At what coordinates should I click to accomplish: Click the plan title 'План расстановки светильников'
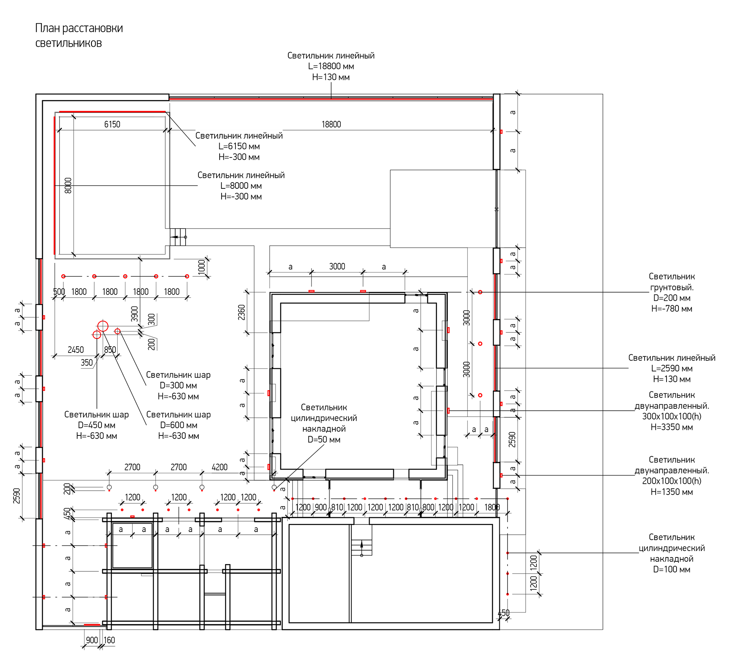(x=79, y=36)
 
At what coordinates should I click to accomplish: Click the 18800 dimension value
(x=331, y=124)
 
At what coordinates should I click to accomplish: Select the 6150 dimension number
(x=112, y=124)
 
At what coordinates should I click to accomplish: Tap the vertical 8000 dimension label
(x=68, y=186)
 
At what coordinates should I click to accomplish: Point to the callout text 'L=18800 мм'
(x=331, y=66)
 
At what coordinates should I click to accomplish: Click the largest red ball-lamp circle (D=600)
(x=103, y=326)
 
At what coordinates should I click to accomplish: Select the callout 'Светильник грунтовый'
(x=672, y=282)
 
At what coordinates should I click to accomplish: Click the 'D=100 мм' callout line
(x=672, y=569)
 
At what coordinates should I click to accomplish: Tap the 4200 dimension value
(x=220, y=467)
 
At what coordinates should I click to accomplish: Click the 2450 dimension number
(x=76, y=350)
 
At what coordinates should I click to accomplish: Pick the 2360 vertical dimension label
(x=242, y=312)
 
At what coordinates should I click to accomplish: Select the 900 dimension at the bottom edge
(x=92, y=640)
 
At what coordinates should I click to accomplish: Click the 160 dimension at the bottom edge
(x=109, y=640)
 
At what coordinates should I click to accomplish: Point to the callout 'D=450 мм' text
(x=96, y=425)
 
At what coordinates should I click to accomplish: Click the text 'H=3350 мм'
(x=672, y=427)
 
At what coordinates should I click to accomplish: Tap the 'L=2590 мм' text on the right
(x=672, y=368)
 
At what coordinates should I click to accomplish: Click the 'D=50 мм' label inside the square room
(x=324, y=439)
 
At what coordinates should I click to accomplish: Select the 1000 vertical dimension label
(x=201, y=267)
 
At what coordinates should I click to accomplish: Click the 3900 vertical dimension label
(x=134, y=314)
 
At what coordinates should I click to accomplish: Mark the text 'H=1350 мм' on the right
(x=672, y=492)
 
